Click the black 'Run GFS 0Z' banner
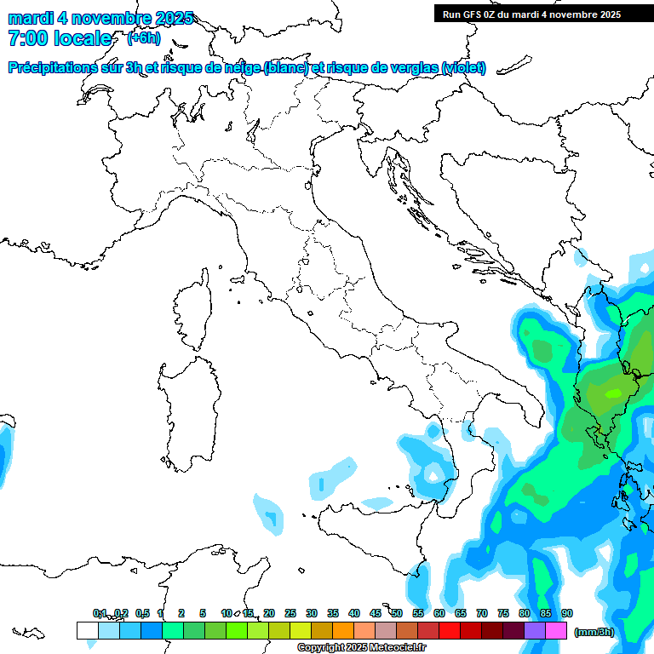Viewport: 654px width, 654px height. click(543, 14)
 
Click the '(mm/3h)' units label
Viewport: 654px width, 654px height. click(594, 632)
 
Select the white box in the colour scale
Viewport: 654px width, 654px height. click(87, 631)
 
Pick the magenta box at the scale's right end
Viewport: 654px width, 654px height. click(556, 631)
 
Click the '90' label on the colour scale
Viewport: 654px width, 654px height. click(567, 613)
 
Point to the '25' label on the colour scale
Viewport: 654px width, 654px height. click(290, 613)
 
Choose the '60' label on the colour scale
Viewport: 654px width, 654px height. click(439, 613)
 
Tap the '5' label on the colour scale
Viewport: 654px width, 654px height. click(203, 613)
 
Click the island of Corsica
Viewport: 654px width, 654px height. click(193, 311)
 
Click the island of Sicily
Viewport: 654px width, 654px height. click(375, 536)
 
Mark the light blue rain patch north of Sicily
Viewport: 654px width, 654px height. click(332, 478)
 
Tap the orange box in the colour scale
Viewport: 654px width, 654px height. click(342, 631)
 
